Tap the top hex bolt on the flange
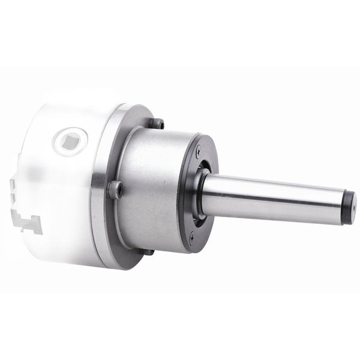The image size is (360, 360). (158, 124)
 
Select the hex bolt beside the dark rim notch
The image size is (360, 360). (115, 191)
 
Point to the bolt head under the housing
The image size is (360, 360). (148, 251)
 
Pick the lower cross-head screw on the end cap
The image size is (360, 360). (192, 238)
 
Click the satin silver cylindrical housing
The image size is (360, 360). (147, 186)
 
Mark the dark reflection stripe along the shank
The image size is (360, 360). (276, 204)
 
